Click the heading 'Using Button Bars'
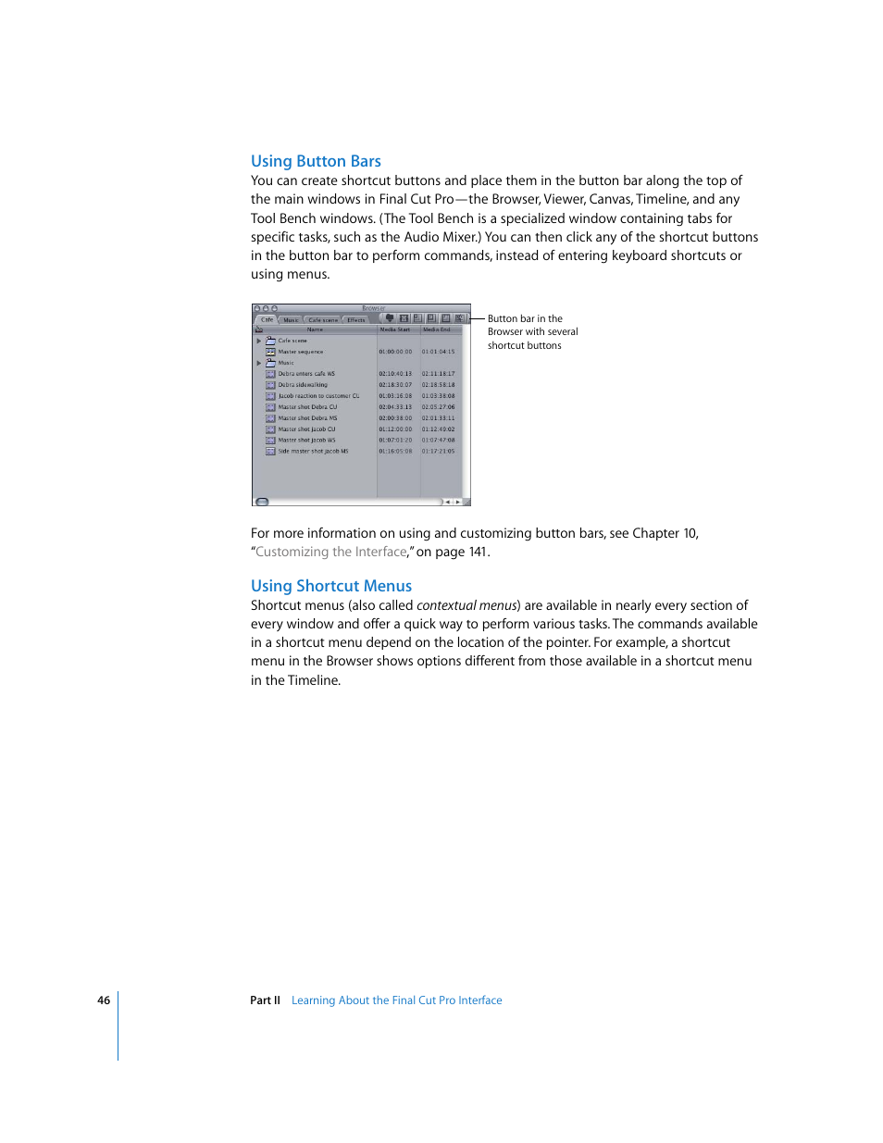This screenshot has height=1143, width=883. (316, 161)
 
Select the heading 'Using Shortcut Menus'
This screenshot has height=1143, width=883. (330, 586)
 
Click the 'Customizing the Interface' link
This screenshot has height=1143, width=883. (331, 552)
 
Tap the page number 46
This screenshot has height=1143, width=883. (104, 1000)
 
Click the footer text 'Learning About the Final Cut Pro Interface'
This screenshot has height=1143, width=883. (396, 1000)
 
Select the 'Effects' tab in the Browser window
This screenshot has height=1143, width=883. (356, 320)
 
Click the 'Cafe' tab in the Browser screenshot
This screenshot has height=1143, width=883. (267, 319)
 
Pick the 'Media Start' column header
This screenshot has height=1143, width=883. (395, 329)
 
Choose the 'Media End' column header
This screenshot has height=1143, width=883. (437, 329)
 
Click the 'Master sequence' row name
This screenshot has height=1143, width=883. (301, 352)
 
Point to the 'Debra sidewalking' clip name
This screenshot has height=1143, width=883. (303, 385)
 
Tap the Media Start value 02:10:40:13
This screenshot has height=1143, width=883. (395, 374)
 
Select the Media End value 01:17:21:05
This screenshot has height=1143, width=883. (438, 452)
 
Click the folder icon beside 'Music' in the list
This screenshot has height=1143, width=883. (270, 363)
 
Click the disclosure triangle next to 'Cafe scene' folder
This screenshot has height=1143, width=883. (259, 341)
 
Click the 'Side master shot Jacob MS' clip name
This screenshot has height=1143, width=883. (313, 452)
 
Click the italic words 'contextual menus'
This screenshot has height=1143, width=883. (466, 605)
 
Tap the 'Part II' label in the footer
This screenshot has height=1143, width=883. (265, 1000)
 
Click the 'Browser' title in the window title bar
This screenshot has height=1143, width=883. (373, 308)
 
